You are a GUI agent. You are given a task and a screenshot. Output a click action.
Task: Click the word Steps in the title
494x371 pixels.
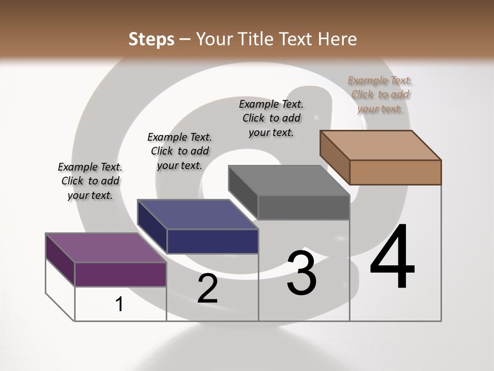tap(151, 39)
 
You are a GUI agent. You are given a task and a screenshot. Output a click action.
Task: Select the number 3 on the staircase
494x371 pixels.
tap(302, 273)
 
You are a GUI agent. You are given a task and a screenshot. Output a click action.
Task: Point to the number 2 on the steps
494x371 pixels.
tap(207, 289)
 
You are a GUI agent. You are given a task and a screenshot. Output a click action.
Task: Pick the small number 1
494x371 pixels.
tap(119, 305)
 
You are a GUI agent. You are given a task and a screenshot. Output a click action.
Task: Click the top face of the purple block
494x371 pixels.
tap(106, 248)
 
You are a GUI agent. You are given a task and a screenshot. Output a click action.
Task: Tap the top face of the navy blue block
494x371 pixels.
tap(198, 214)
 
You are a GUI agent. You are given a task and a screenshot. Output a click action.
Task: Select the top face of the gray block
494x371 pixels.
tap(289, 180)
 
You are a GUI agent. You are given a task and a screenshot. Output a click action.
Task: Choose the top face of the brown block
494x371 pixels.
tap(380, 145)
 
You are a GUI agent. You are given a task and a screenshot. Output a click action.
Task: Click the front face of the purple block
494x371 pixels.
tap(120, 274)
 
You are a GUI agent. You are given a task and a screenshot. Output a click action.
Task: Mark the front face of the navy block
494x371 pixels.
tap(212, 241)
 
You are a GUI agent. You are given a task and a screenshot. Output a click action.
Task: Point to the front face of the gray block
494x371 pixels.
tap(304, 208)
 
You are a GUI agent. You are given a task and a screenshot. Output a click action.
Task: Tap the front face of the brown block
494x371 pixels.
tap(395, 172)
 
